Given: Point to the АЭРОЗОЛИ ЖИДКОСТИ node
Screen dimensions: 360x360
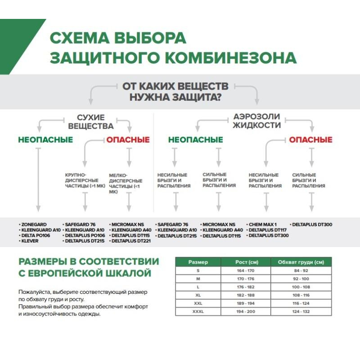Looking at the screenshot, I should [256, 121].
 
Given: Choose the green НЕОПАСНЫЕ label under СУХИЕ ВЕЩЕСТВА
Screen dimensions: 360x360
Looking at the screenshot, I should [45, 139].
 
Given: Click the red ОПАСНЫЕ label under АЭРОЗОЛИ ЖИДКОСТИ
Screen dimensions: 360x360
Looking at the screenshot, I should [310, 139].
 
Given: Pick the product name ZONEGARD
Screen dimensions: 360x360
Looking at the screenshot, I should [34, 224].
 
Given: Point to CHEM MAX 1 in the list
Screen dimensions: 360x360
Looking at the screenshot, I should [263, 224].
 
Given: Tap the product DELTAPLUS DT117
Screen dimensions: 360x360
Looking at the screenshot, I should [268, 229].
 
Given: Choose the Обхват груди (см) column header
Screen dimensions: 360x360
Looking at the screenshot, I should [301, 262].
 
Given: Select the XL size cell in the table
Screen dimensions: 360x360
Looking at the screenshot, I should [198, 295].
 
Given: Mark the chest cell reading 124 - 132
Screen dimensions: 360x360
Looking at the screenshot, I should [301, 311].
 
